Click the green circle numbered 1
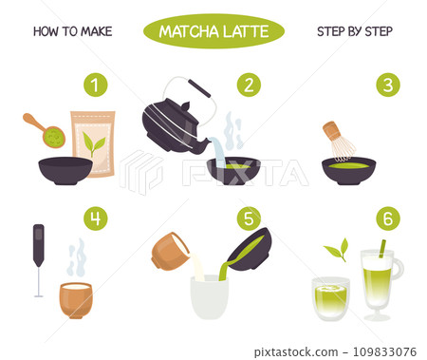[x=96, y=85]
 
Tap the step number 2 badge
[x=249, y=85]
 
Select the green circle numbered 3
[x=388, y=85]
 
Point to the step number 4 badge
[x=96, y=218]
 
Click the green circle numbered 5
[x=249, y=218]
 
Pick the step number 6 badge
[x=388, y=218]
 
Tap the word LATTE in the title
[x=246, y=31]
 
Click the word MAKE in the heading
[x=97, y=31]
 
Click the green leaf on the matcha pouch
[x=93, y=143]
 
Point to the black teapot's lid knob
[x=185, y=106]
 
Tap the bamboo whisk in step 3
[x=339, y=140]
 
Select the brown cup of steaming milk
[x=76, y=300]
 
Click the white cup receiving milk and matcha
[x=209, y=297]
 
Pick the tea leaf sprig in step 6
[x=337, y=250]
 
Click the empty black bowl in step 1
[x=65, y=171]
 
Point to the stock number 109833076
[x=384, y=351]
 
